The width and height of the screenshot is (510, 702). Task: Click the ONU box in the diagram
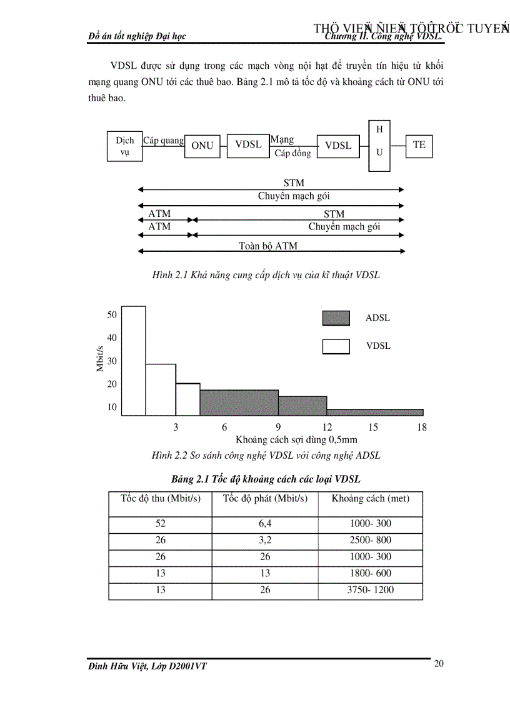(x=202, y=146)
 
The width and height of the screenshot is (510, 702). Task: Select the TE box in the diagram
(x=419, y=145)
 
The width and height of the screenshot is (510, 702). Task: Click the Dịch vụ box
(x=124, y=146)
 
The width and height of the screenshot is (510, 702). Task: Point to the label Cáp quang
(x=163, y=141)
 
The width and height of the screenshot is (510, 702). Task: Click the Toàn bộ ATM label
(x=268, y=246)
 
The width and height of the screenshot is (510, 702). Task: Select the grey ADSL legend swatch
(x=336, y=318)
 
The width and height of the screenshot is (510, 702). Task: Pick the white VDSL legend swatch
(x=336, y=346)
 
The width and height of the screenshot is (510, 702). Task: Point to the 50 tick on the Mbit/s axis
(x=112, y=314)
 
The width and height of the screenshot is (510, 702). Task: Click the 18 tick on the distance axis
(x=422, y=427)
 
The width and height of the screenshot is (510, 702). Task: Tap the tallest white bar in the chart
(x=133, y=361)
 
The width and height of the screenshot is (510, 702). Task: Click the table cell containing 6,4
(x=265, y=524)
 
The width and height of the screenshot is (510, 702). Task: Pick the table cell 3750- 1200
(x=370, y=589)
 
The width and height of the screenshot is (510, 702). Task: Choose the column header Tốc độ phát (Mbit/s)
(x=265, y=499)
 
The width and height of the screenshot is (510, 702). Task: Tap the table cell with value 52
(x=161, y=524)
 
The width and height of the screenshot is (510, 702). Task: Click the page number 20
(x=439, y=664)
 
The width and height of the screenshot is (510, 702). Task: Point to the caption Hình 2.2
(x=266, y=456)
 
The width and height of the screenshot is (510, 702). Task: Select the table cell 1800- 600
(x=370, y=573)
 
